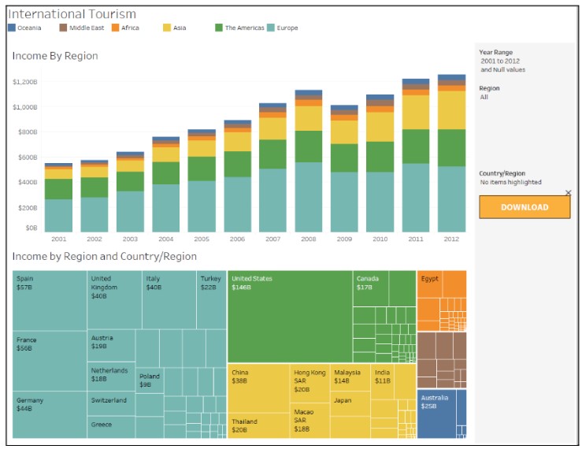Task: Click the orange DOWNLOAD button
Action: point(525,207)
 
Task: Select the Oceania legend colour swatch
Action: point(12,28)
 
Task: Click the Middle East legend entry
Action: point(82,28)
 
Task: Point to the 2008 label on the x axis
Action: point(309,238)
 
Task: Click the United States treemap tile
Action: point(289,316)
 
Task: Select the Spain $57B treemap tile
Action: point(50,300)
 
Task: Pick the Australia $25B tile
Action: point(441,414)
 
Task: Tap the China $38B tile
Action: point(258,387)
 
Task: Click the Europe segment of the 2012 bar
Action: point(451,199)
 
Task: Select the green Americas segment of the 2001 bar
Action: point(58,189)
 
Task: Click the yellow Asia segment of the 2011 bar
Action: point(415,112)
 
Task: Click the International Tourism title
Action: point(72,14)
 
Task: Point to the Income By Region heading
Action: point(55,56)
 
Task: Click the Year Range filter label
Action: point(495,53)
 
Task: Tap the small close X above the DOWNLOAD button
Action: point(569,193)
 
